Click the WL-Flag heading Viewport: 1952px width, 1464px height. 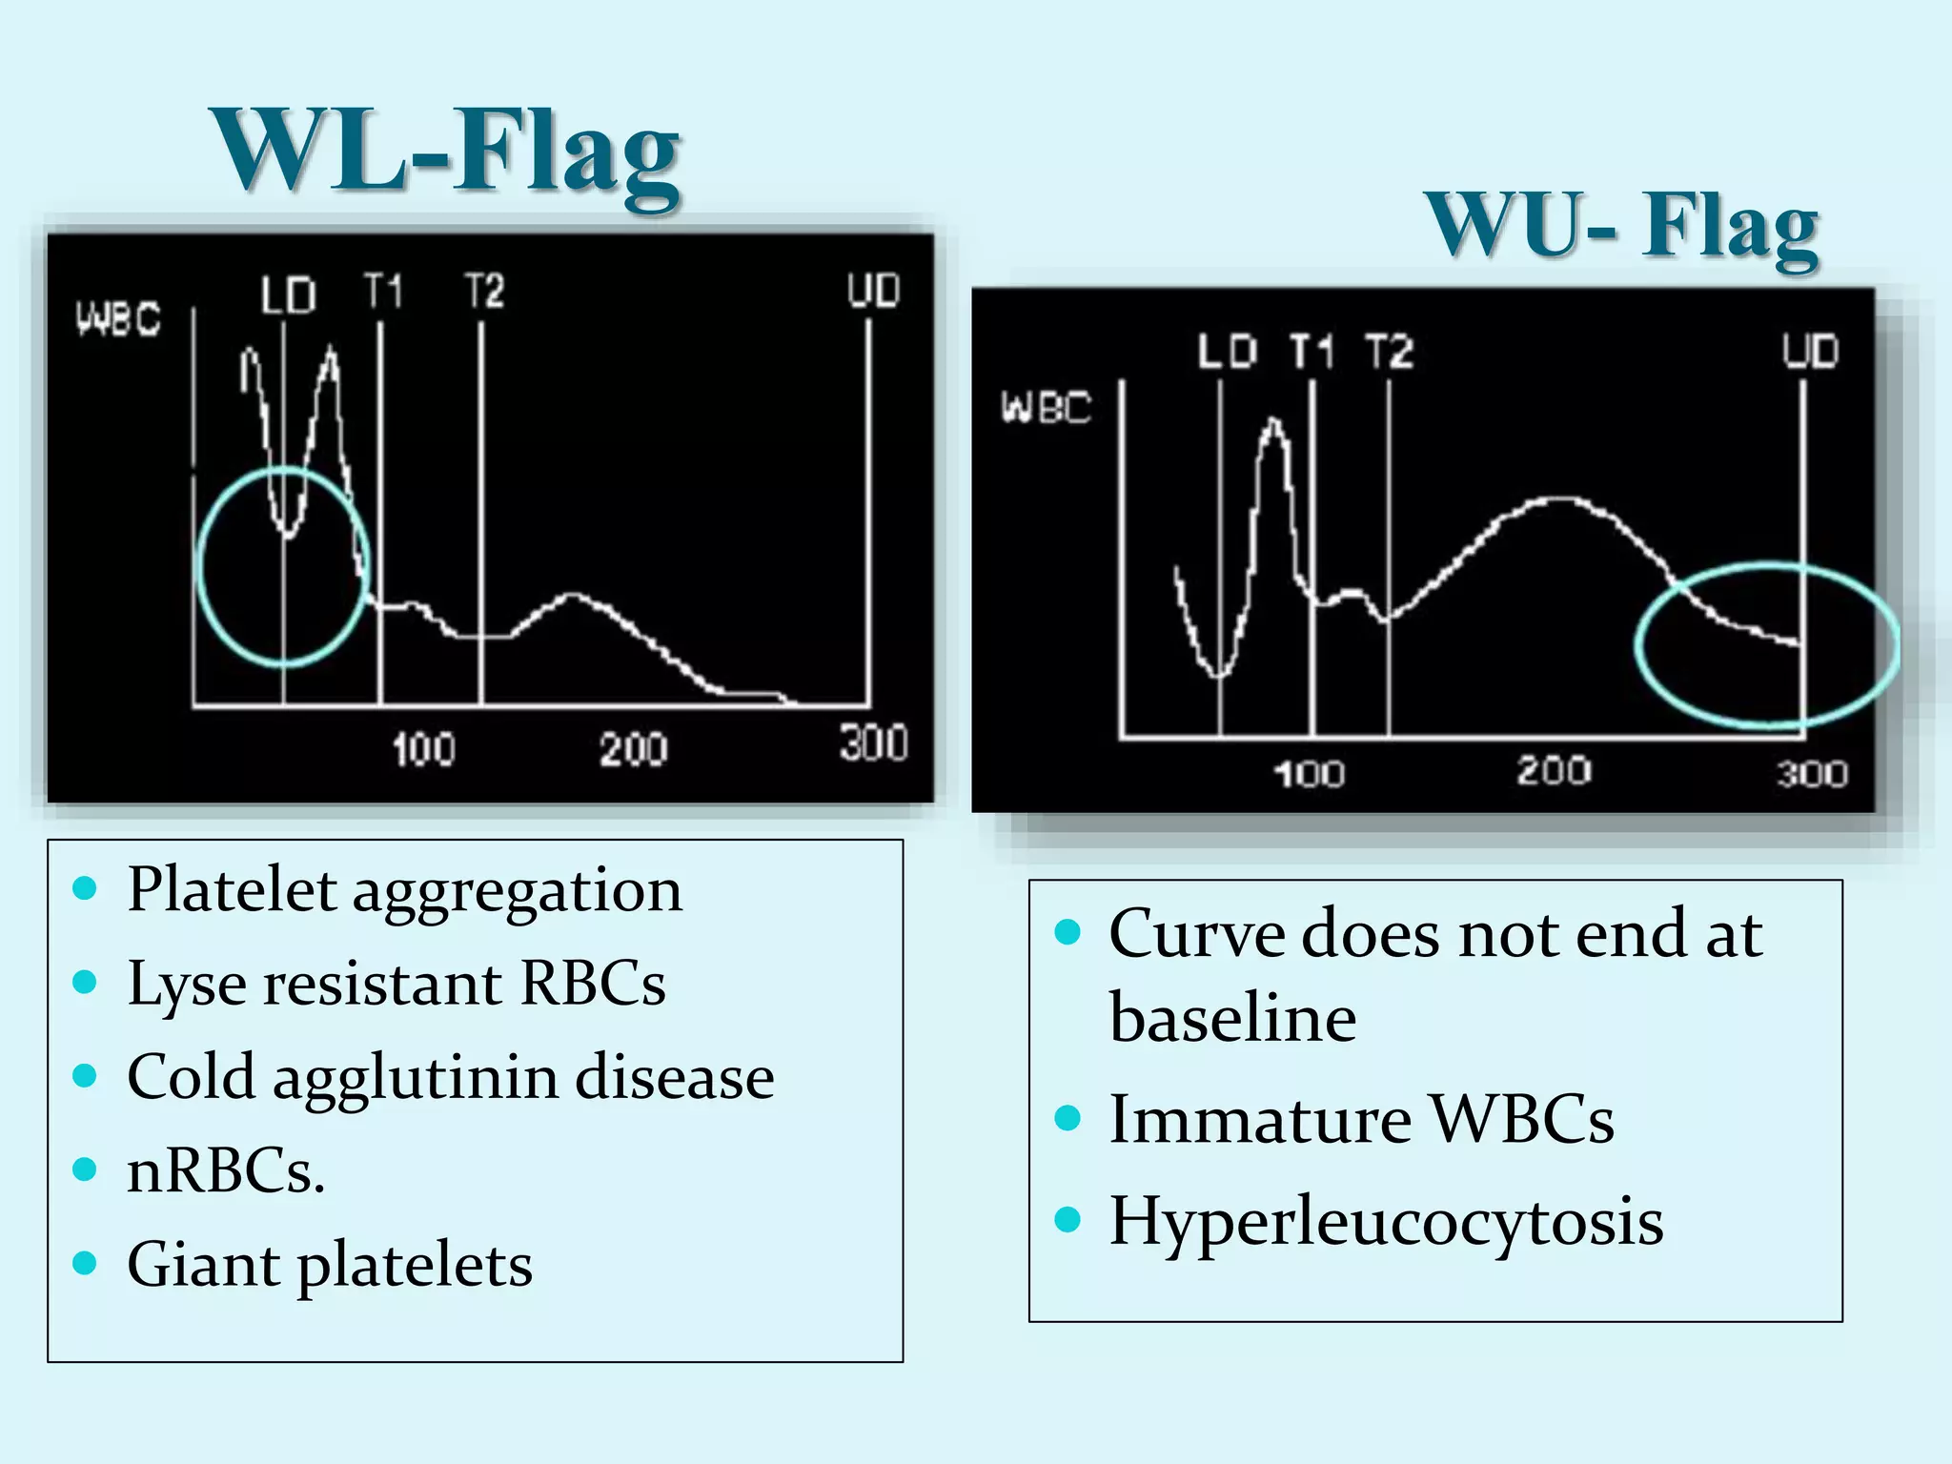click(445, 152)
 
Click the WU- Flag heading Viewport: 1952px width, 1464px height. click(1620, 226)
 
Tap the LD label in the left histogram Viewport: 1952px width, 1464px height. click(288, 295)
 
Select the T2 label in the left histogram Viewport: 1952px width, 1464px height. click(484, 291)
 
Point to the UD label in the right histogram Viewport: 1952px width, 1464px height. click(1810, 351)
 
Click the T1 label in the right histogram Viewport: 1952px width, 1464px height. click(1311, 352)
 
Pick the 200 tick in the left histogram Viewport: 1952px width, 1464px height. click(633, 749)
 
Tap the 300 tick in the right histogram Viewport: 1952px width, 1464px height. click(1812, 773)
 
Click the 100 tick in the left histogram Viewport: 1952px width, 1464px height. click(423, 749)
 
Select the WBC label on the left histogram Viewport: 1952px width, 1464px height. click(118, 318)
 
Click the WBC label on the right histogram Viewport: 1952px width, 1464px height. click(1046, 408)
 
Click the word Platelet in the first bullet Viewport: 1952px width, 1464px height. click(232, 889)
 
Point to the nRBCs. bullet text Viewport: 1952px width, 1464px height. click(226, 1170)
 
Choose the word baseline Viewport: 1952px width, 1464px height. click(1232, 1017)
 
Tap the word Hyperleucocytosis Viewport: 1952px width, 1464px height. click(1386, 1221)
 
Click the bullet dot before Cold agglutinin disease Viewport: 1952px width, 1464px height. click(86, 1076)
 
